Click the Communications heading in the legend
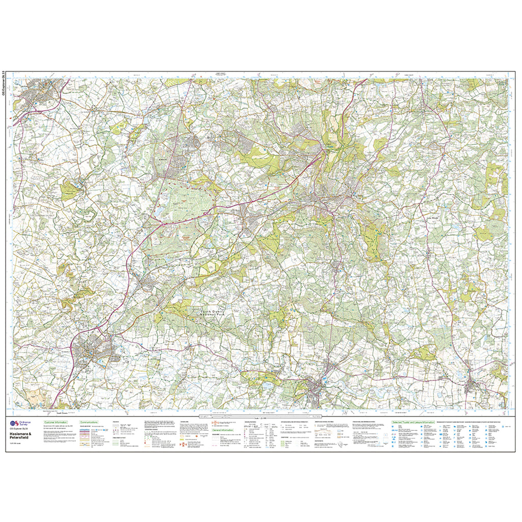click(89, 423)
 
